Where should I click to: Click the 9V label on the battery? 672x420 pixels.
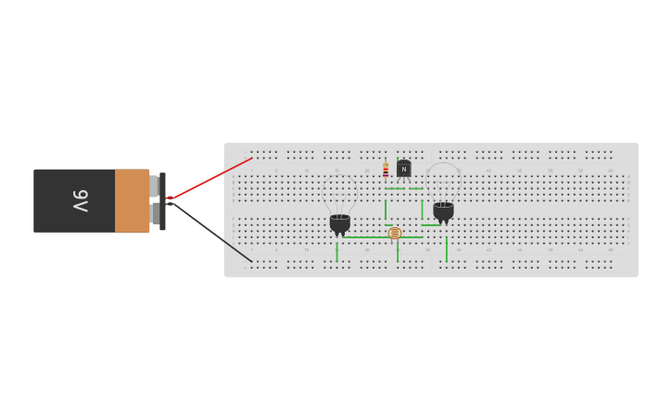pos(81,200)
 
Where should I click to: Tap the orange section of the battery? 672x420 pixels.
pos(132,200)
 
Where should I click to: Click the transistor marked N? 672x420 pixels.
pos(404,169)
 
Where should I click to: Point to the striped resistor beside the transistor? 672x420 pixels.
pos(386,171)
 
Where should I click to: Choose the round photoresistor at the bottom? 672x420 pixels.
pos(395,233)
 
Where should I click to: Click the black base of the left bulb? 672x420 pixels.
pos(340,223)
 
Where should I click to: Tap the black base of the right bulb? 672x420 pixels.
pos(443,210)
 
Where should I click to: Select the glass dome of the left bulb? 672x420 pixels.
pos(340,190)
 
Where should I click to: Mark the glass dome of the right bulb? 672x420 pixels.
pos(443,180)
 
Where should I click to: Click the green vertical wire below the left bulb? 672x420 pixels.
pos(337,250)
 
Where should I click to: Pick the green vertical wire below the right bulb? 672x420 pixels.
pos(447,248)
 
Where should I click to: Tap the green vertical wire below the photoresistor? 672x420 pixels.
pos(398,250)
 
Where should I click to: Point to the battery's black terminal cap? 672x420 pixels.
pos(162,200)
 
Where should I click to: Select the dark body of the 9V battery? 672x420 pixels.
pos(74,200)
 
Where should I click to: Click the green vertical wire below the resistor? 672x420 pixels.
pos(386,209)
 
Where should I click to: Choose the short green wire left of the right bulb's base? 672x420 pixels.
pos(430,224)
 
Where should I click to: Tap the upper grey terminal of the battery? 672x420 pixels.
pos(154,185)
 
